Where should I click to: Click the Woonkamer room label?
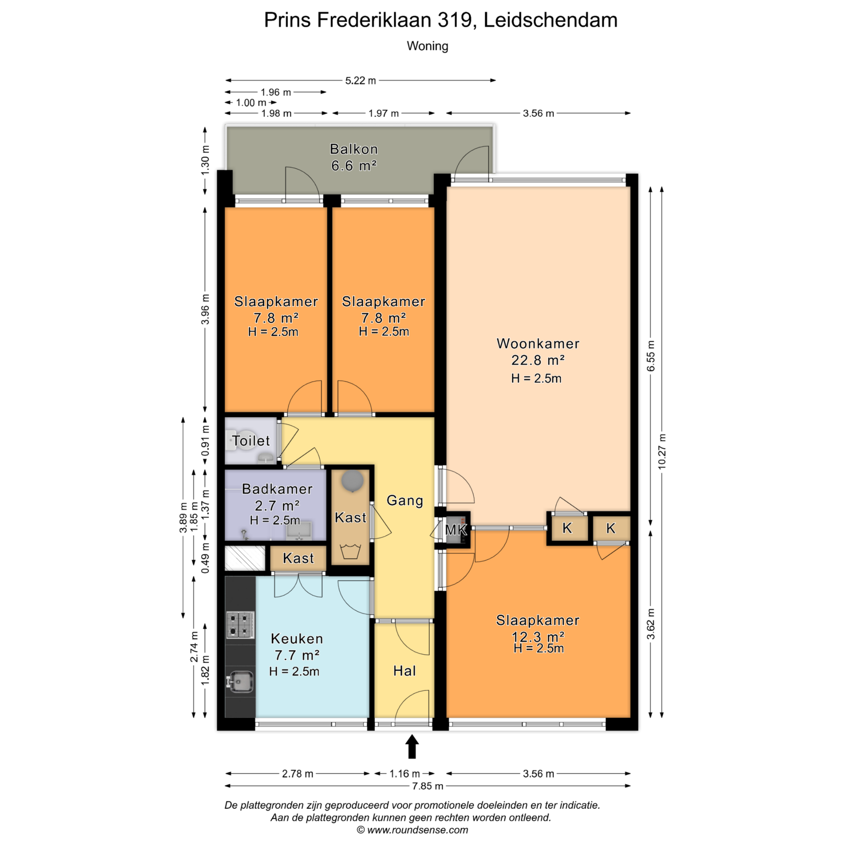[538, 344]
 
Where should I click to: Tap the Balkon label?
[354, 149]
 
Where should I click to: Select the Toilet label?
[251, 441]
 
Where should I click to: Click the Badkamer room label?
[277, 489]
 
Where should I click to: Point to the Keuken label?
[297, 639]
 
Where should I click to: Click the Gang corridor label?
[405, 500]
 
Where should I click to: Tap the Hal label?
[404, 671]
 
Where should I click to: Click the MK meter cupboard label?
[456, 530]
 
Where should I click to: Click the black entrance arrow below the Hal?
[412, 746]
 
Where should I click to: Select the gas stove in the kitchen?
[240, 625]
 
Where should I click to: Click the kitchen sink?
[240, 682]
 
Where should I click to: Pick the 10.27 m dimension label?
[662, 452]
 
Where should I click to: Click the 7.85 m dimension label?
[428, 786]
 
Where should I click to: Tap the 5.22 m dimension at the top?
[360, 81]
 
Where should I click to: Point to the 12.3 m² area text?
[538, 636]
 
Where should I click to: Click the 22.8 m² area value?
[538, 360]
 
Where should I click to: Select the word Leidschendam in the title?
[551, 20]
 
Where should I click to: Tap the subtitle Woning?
[427, 46]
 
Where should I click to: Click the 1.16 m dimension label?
[404, 774]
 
